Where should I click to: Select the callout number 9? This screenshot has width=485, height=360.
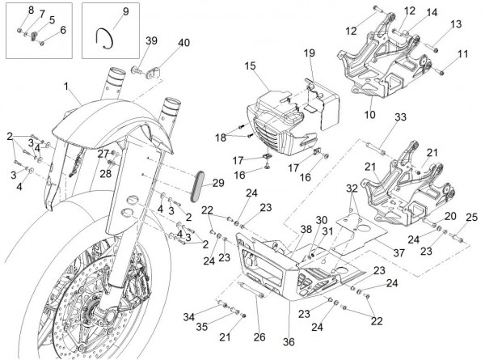(126, 11)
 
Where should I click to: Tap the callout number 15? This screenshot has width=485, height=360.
(250, 65)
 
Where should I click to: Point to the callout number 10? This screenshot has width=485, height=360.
(370, 115)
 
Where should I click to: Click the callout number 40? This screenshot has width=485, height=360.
(183, 42)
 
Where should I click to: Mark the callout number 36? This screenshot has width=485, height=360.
(289, 341)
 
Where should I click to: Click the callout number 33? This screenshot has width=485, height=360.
(400, 118)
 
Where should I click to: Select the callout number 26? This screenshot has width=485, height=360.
(259, 337)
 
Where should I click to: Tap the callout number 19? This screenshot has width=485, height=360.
(309, 53)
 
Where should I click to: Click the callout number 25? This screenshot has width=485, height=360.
(472, 217)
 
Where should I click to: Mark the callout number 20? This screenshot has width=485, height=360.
(449, 216)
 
